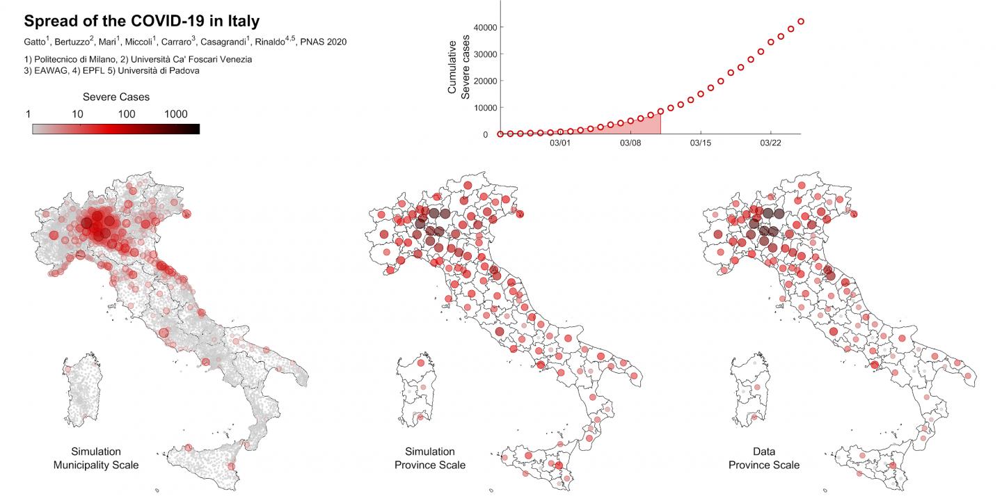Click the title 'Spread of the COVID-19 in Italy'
tap(142, 21)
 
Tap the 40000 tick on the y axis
tap(486, 28)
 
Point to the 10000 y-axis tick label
tap(486, 109)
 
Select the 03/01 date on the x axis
tap(560, 143)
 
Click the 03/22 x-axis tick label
tap(770, 143)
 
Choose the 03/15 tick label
tap(701, 143)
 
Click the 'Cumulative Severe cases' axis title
tap(459, 67)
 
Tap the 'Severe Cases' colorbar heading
tap(116, 97)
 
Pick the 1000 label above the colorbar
tap(176, 114)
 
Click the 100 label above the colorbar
tap(127, 114)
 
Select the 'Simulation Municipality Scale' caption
tap(96, 458)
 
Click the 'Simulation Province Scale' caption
tap(430, 458)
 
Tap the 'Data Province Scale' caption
tap(764, 458)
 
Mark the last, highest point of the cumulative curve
tap(801, 22)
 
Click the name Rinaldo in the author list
tap(270, 42)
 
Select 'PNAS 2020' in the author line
tap(324, 42)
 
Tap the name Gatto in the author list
tap(35, 42)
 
